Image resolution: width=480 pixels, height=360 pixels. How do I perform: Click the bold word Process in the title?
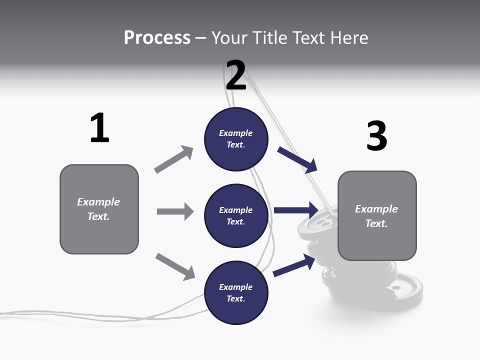click(x=157, y=38)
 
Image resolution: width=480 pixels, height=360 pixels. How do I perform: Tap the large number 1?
click(x=99, y=128)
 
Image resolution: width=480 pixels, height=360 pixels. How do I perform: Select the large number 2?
click(x=236, y=75)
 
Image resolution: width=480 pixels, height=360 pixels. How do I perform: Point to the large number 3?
click(x=376, y=136)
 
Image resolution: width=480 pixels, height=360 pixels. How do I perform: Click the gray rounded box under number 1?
click(x=99, y=209)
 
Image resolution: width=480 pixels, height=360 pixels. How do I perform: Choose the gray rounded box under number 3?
click(x=377, y=216)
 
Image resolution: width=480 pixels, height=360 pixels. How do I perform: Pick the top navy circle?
click(x=236, y=139)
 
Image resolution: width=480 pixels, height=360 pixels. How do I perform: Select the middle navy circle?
click(x=236, y=216)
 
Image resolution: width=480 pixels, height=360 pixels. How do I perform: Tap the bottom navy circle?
click(x=236, y=293)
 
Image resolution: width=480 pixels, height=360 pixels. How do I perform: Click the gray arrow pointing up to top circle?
click(x=174, y=159)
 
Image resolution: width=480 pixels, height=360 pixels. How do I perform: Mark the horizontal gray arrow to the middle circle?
click(x=175, y=211)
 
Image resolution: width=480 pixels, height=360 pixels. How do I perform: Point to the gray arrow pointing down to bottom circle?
click(x=175, y=266)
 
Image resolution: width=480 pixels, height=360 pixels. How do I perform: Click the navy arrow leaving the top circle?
click(x=297, y=160)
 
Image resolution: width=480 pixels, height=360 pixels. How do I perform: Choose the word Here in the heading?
click(x=349, y=38)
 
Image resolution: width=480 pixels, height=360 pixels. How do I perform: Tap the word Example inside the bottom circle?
click(x=236, y=287)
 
